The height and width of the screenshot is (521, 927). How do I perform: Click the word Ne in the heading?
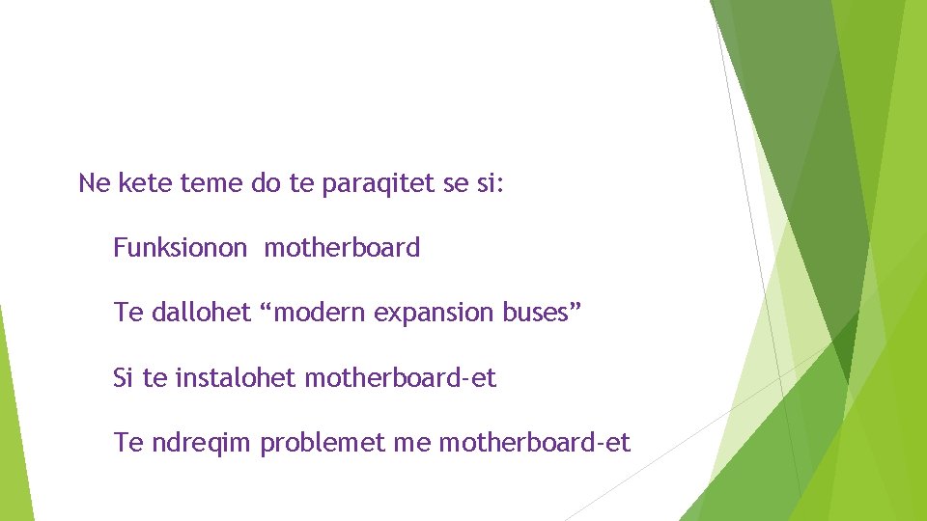coord(95,182)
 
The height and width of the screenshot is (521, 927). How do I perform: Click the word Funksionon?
coord(181,248)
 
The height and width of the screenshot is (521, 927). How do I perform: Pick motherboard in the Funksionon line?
coord(342,248)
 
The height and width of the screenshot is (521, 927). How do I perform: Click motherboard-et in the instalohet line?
coord(400,378)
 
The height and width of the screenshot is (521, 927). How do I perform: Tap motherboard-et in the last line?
coord(534,444)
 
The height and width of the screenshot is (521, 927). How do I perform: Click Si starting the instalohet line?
coord(124,378)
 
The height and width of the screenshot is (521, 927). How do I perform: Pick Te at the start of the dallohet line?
coord(127,313)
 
